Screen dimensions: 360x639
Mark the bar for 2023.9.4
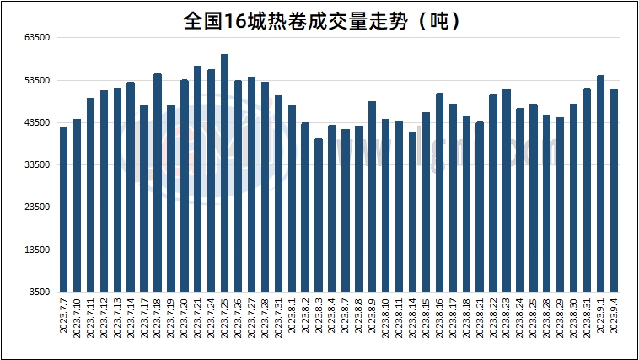point(615,190)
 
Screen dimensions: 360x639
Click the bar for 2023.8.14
point(412,212)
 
